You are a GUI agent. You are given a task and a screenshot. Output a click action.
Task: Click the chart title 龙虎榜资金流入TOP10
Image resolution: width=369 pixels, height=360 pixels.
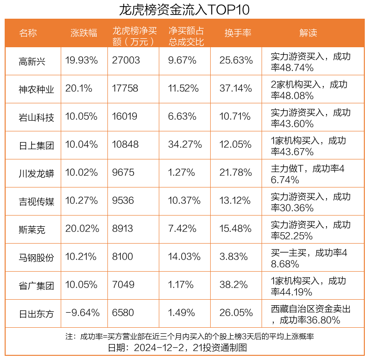(184, 9)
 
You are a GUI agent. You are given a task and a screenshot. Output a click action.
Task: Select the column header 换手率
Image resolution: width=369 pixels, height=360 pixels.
(238, 33)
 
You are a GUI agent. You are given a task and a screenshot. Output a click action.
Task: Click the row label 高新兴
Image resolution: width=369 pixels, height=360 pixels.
(32, 61)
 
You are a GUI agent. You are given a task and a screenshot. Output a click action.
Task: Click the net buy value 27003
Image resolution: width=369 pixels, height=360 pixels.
(126, 61)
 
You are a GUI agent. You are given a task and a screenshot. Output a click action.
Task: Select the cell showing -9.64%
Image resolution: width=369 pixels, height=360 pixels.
(82, 313)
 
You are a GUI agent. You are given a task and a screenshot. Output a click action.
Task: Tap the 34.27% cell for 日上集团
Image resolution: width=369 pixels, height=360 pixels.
(185, 145)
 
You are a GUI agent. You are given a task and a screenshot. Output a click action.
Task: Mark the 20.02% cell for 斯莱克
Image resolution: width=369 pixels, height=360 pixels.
(82, 229)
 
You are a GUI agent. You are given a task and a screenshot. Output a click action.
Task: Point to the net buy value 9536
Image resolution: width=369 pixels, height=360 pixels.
(123, 201)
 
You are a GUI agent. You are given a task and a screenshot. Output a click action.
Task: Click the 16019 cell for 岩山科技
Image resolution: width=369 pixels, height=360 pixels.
(125, 117)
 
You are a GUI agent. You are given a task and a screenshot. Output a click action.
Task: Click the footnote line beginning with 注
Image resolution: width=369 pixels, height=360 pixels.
(189, 337)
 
